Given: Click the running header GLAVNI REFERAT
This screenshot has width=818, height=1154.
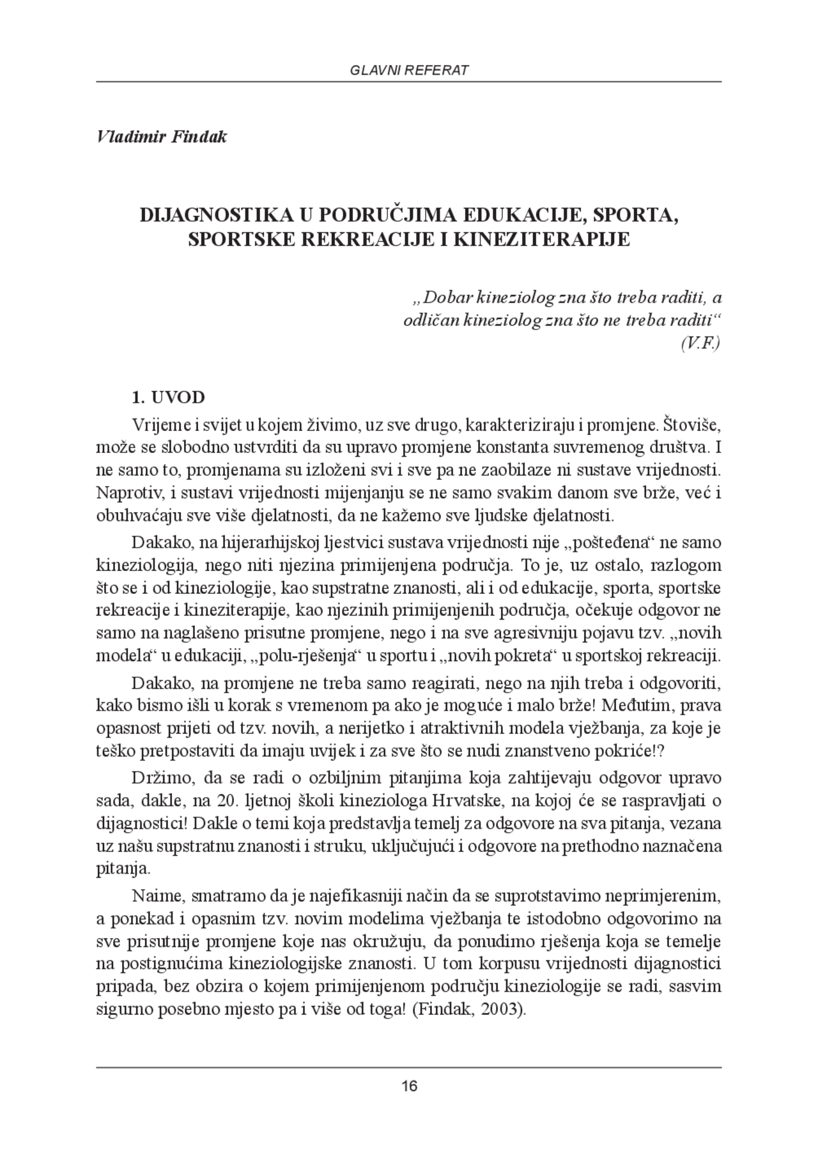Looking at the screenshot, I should tap(409, 70).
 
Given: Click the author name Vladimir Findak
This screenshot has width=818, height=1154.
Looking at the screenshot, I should tap(162, 137).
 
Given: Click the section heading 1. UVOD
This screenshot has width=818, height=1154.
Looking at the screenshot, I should tap(168, 397).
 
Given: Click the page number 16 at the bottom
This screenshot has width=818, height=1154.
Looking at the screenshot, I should tap(409, 1085).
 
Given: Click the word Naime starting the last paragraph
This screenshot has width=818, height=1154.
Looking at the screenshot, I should tap(156, 897).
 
